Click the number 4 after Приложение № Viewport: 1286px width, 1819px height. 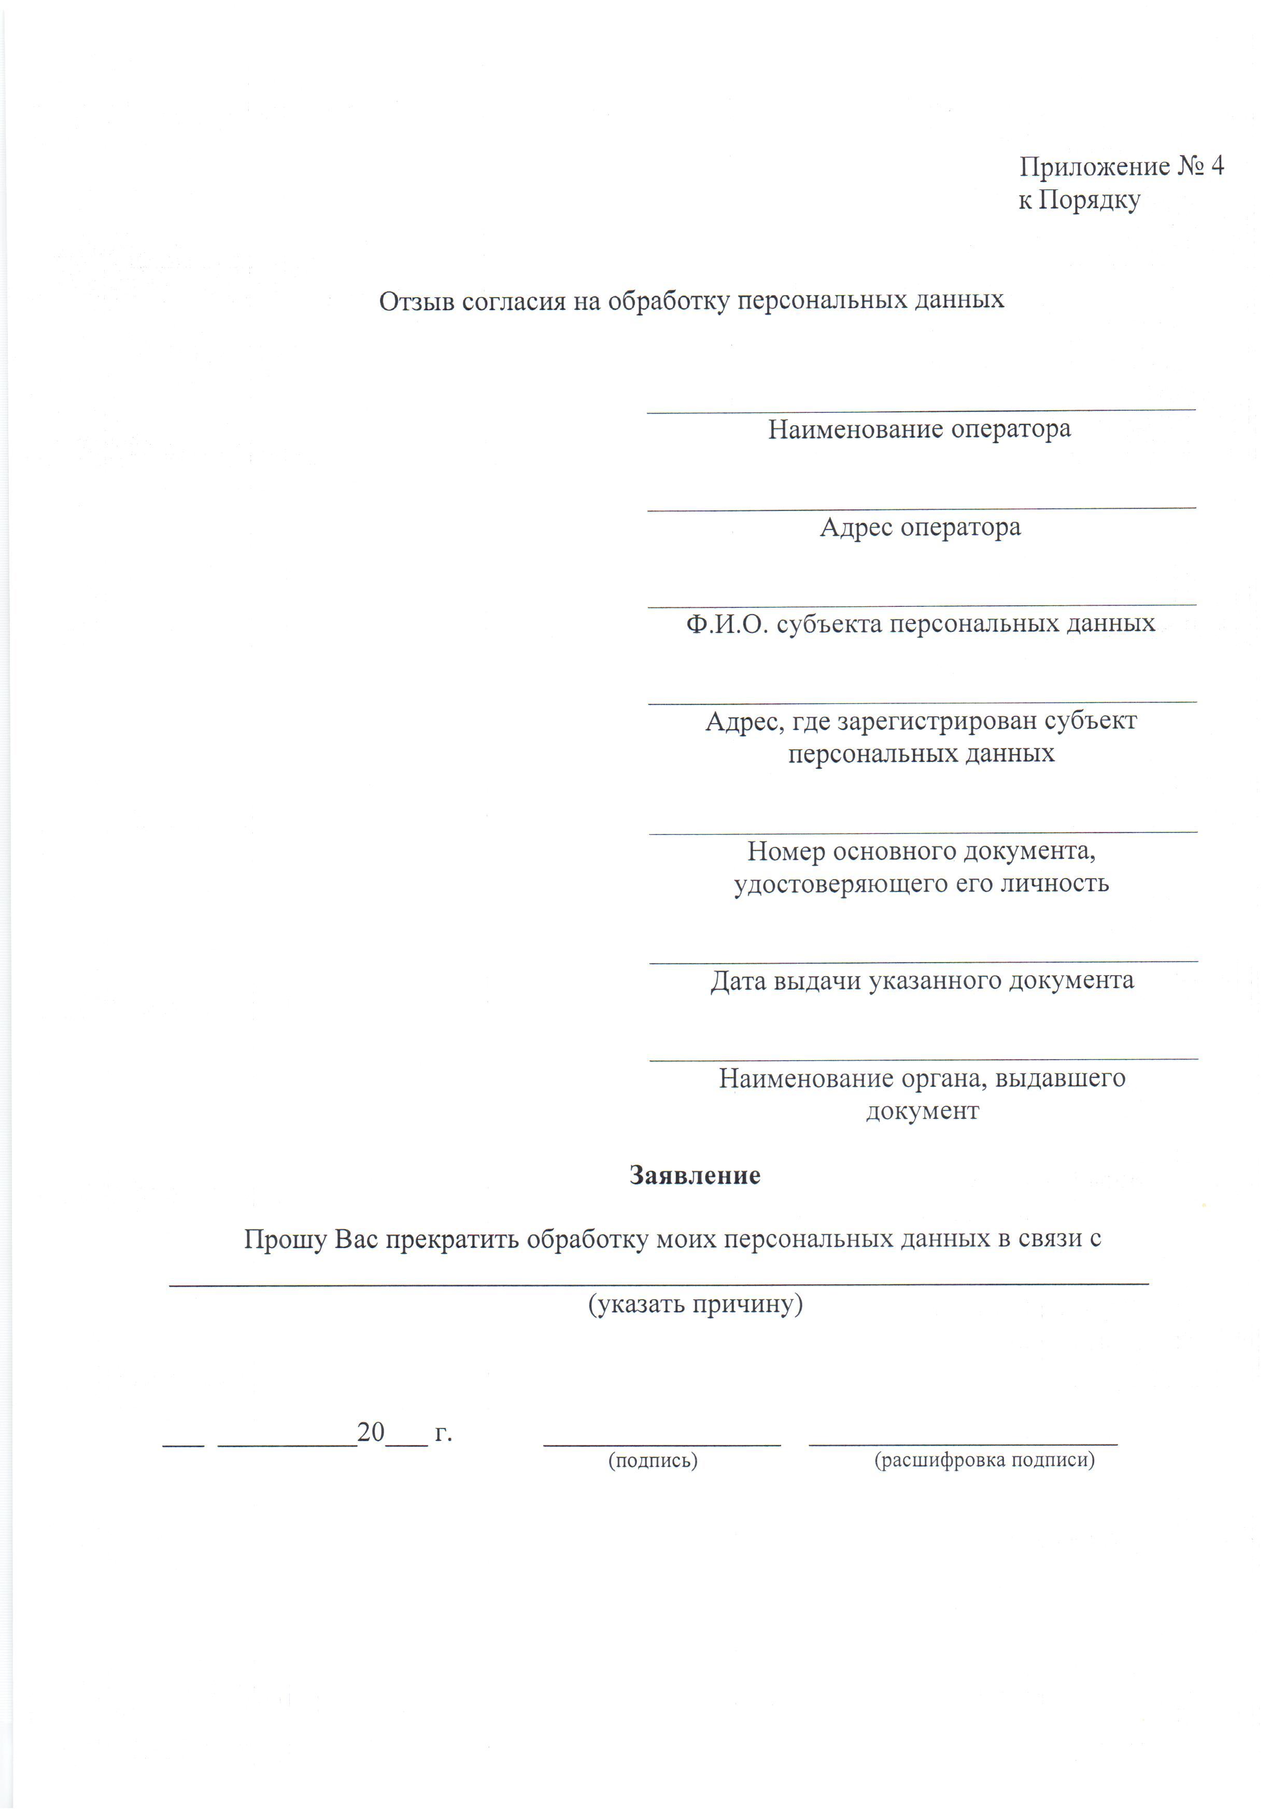1217,166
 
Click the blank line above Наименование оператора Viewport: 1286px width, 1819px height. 921,410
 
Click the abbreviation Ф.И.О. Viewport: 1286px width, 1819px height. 727,624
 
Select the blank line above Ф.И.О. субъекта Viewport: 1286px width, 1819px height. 922,606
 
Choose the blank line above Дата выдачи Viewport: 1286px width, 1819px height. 923,962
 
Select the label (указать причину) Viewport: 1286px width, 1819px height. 695,1303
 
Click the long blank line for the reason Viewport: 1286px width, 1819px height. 659,1283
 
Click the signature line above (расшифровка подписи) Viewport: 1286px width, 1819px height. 963,1443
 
